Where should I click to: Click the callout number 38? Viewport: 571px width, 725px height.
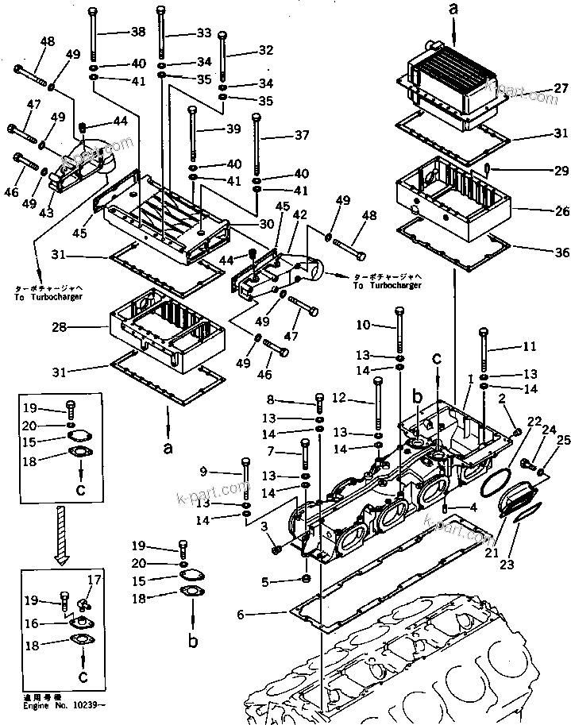[137, 33]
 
